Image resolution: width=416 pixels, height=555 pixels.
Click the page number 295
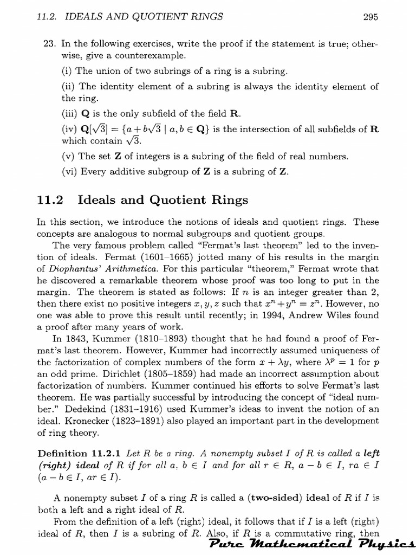[370, 17]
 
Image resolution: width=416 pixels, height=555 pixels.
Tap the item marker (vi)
[69, 172]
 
